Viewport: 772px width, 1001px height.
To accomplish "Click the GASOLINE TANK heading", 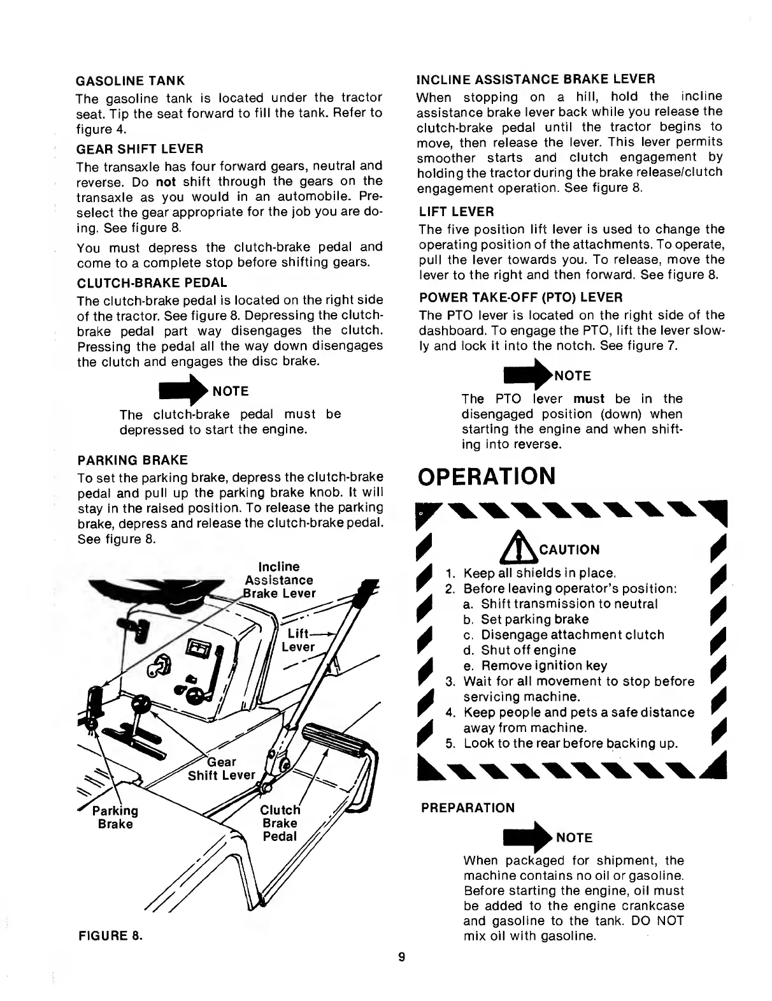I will [130, 81].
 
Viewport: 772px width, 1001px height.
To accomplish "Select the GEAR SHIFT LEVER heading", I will [139, 149].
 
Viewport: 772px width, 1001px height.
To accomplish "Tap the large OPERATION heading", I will [485, 476].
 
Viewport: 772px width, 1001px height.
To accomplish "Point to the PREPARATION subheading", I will [468, 808].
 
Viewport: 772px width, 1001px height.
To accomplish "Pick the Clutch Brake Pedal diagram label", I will [280, 823].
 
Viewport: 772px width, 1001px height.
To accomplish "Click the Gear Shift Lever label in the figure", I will [222, 769].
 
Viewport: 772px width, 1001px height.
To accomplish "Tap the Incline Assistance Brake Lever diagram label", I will [280, 580].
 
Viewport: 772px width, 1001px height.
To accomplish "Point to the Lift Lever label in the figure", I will [299, 640].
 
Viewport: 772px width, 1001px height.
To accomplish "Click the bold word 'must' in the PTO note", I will [589, 399].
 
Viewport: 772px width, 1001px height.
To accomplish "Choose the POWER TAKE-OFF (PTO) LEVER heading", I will [520, 297].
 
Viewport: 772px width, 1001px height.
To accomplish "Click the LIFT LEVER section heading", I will [456, 212].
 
